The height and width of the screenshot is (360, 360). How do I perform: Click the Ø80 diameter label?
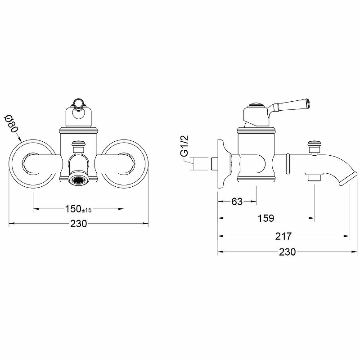pyautogui.click(x=11, y=124)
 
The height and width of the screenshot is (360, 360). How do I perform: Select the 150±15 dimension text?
pyautogui.click(x=78, y=209)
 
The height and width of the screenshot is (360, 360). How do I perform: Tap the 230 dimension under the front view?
pyautogui.click(x=78, y=223)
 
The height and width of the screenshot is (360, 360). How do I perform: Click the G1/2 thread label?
pyautogui.click(x=184, y=146)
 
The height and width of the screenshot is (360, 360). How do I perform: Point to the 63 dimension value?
pyautogui.click(x=237, y=202)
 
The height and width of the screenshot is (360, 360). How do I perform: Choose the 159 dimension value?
pyautogui.click(x=266, y=218)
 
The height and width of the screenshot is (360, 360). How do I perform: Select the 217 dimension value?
pyautogui.click(x=283, y=236)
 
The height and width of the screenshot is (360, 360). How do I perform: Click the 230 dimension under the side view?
pyautogui.click(x=288, y=252)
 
